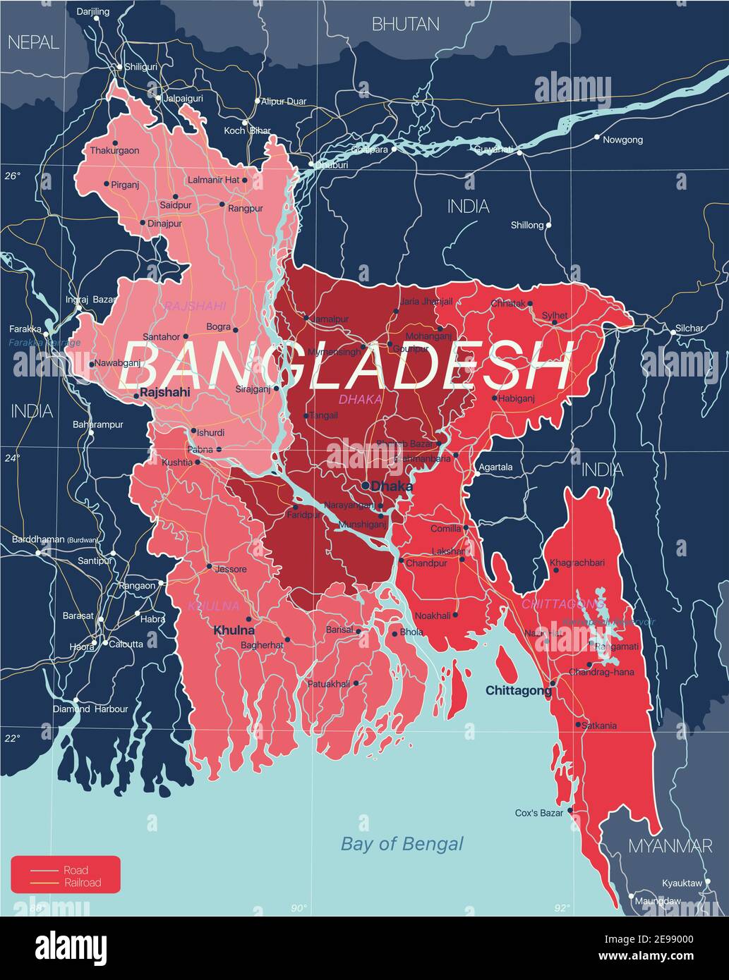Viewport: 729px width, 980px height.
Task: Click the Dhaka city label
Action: (392, 486)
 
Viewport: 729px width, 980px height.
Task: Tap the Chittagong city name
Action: (518, 691)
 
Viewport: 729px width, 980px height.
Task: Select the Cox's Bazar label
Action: (539, 813)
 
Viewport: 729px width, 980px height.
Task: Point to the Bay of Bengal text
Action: (402, 844)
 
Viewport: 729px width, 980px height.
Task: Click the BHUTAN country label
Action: (405, 25)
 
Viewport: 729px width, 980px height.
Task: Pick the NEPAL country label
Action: (32, 43)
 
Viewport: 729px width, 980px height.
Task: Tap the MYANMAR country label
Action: (670, 846)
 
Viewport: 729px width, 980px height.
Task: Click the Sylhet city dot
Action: (554, 324)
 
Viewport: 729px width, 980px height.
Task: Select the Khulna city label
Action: (234, 630)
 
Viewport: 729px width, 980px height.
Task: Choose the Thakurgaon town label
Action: (114, 151)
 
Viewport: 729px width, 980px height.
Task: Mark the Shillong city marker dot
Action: (548, 226)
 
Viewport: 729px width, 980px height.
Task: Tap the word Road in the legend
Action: (76, 871)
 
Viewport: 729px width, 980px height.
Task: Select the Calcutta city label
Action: (126, 644)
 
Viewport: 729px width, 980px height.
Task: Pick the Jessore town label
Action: (231, 569)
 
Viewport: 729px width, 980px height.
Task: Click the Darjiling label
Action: (92, 12)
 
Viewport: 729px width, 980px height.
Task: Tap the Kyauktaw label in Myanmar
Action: (682, 883)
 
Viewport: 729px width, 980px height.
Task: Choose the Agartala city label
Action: (495, 467)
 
